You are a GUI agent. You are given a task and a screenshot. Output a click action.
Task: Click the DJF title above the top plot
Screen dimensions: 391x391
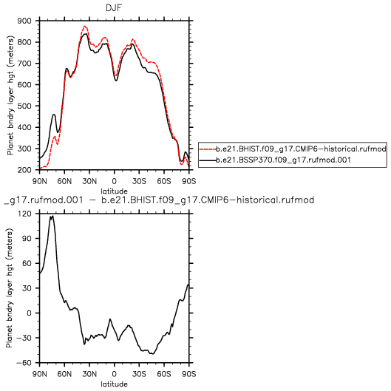click(114, 7)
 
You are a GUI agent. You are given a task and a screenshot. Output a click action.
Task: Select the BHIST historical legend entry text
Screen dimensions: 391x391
click(301, 149)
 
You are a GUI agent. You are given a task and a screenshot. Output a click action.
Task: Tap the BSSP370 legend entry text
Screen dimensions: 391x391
click(283, 160)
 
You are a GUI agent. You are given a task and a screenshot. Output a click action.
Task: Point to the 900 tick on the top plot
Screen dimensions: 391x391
click(24, 21)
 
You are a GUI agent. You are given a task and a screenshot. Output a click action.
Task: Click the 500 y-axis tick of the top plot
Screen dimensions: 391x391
click(24, 106)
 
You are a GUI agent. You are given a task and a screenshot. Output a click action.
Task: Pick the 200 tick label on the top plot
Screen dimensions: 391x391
click(24, 170)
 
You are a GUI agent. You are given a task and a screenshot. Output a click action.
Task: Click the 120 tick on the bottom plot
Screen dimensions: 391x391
click(25, 214)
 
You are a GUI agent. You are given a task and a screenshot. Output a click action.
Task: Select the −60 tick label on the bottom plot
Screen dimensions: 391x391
click(24, 363)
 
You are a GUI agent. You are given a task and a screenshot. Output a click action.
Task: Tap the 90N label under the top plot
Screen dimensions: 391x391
click(39, 181)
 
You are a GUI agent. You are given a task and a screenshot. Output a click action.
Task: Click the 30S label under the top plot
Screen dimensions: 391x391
click(139, 181)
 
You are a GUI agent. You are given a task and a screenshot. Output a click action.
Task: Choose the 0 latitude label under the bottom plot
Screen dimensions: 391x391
click(115, 374)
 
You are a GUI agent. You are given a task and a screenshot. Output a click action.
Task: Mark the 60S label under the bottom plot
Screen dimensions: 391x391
click(164, 374)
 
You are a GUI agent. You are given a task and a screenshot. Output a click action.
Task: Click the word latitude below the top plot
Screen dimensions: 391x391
click(115, 191)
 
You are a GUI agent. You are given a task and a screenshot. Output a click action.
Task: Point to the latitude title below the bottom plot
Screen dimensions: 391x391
click(115, 384)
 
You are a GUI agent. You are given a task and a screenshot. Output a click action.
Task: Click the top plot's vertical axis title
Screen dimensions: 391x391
click(10, 95)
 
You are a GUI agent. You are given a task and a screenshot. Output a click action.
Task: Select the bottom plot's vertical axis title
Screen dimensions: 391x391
click(10, 288)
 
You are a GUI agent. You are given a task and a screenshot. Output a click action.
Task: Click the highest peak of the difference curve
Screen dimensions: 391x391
click(52, 216)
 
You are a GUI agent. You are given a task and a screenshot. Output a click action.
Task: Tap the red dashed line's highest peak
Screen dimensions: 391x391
click(84, 26)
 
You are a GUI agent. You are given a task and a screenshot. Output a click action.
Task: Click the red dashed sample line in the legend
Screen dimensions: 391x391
click(208, 149)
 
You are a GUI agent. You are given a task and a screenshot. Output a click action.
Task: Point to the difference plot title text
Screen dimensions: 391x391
click(159, 200)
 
